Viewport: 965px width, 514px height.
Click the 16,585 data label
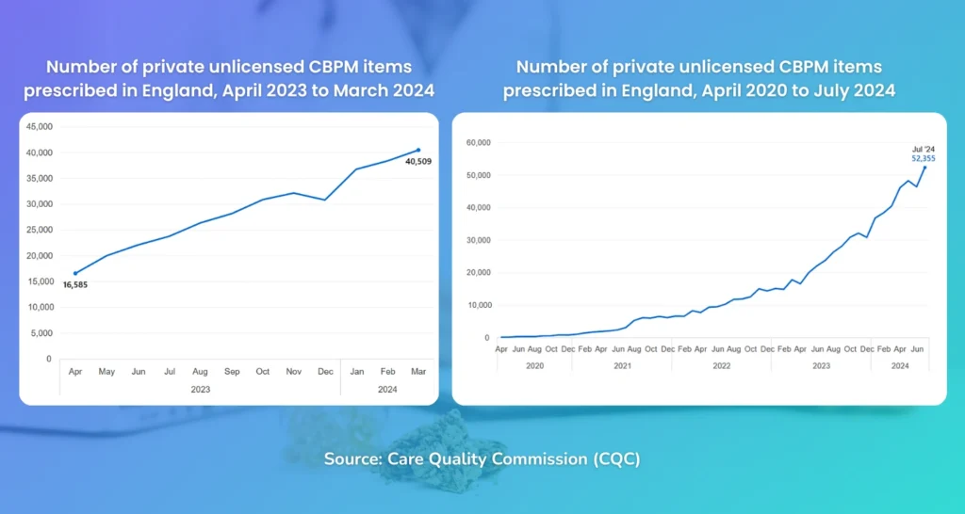point(75,284)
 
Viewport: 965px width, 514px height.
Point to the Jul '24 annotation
point(922,149)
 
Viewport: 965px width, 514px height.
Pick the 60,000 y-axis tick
point(480,142)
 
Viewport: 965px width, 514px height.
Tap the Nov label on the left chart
point(294,372)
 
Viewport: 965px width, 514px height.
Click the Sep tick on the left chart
point(232,372)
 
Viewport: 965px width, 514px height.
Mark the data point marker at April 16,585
point(75,273)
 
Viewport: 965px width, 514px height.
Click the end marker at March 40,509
point(418,150)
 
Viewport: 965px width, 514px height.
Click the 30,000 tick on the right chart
point(480,240)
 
